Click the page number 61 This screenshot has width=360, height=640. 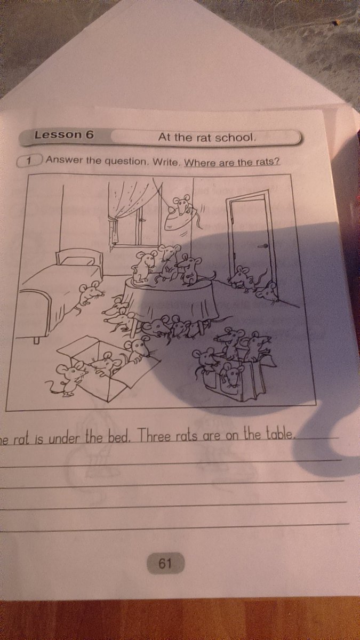click(x=165, y=563)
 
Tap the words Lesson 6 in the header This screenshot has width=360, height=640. click(x=64, y=134)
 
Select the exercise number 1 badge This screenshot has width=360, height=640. click(x=29, y=161)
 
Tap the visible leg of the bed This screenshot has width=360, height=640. click(x=36, y=340)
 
